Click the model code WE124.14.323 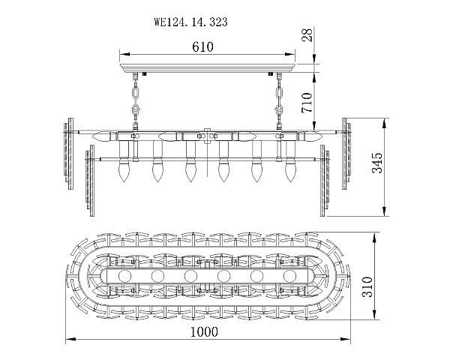click(x=190, y=22)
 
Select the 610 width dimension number click(x=202, y=46)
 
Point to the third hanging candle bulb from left click(x=190, y=172)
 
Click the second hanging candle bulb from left click(x=157, y=172)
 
